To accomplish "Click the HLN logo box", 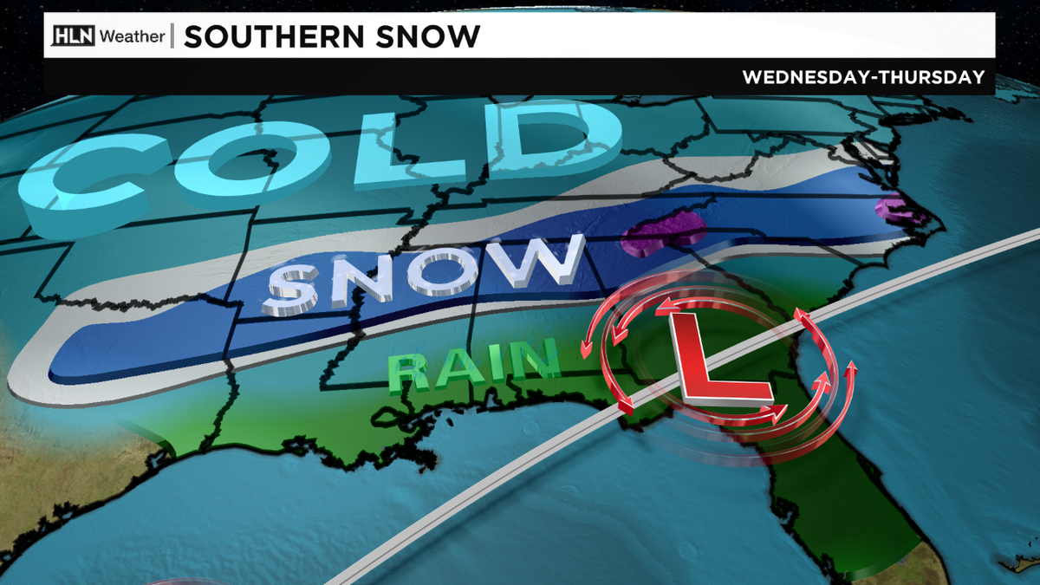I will click(74, 36).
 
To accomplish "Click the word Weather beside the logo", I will click(131, 36).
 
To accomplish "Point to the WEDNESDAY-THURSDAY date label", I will click(863, 77).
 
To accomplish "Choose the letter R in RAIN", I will click(413, 373).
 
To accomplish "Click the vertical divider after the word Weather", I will click(172, 36).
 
